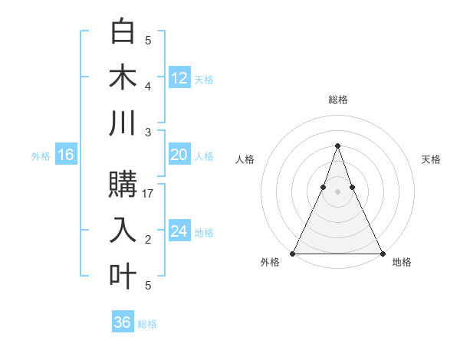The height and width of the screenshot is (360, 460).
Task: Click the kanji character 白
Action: click(123, 33)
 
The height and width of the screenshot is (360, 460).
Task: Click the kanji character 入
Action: click(123, 230)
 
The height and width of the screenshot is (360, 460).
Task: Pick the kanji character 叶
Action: click(123, 275)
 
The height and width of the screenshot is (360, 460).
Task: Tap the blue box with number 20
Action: click(179, 155)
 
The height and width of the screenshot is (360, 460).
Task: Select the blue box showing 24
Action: click(179, 231)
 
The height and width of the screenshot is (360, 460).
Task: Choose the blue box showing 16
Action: click(65, 155)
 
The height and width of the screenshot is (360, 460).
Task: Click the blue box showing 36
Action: click(123, 322)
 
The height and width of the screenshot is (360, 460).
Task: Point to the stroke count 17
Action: click(149, 194)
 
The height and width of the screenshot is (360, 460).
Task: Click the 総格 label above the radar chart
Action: click(337, 100)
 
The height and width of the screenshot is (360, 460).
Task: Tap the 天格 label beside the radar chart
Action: click(431, 159)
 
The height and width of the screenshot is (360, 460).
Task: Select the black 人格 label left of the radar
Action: click(245, 159)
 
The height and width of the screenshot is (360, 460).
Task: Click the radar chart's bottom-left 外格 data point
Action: click(293, 253)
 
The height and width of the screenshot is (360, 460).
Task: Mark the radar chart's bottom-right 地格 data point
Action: click(382, 253)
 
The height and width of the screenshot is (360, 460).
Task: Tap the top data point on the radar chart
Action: click(337, 146)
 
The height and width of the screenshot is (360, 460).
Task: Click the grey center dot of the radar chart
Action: click(337, 191)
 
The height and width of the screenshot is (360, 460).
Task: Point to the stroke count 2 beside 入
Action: click(148, 240)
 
